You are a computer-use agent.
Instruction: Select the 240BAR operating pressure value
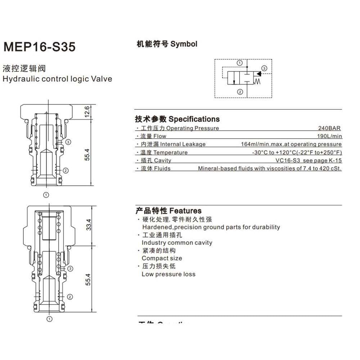click(329, 128)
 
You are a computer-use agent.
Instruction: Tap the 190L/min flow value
click(329, 136)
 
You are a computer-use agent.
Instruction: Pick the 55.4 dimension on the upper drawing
click(87, 155)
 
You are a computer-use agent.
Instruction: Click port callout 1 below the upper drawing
click(46, 195)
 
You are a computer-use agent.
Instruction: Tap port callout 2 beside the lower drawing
click(70, 297)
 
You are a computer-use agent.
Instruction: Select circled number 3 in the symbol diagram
click(264, 68)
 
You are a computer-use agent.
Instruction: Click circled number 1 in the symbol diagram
click(240, 63)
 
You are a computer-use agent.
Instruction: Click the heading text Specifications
click(194, 119)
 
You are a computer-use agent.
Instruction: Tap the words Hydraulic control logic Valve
click(57, 79)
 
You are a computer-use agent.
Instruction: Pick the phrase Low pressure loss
click(168, 274)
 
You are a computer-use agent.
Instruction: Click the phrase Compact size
click(162, 258)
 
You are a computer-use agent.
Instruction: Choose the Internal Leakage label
click(183, 144)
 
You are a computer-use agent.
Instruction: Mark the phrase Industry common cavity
click(177, 243)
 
